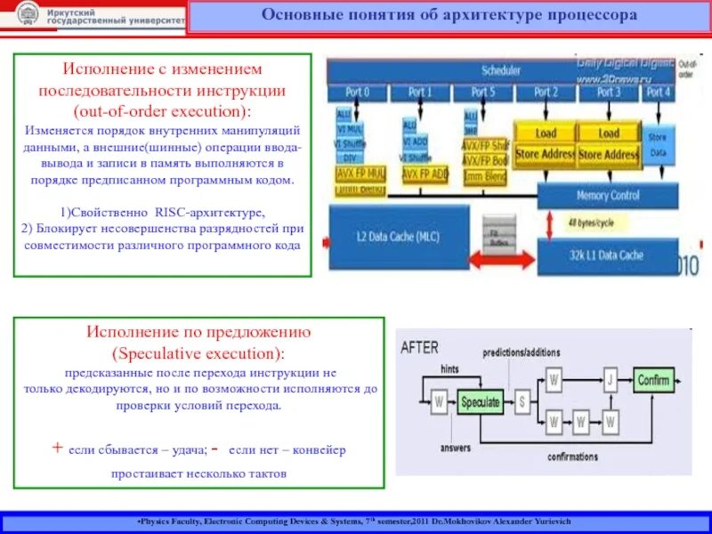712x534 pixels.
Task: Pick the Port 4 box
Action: (658, 92)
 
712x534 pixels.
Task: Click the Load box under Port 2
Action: (546, 133)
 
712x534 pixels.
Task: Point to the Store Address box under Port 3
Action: (609, 154)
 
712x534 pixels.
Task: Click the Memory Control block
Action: (609, 195)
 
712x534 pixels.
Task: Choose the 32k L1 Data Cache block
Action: (608, 255)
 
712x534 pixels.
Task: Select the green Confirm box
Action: (653, 381)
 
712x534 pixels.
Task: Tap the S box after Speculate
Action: (522, 401)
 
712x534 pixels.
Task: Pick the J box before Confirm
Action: (610, 381)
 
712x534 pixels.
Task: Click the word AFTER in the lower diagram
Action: (419, 347)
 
